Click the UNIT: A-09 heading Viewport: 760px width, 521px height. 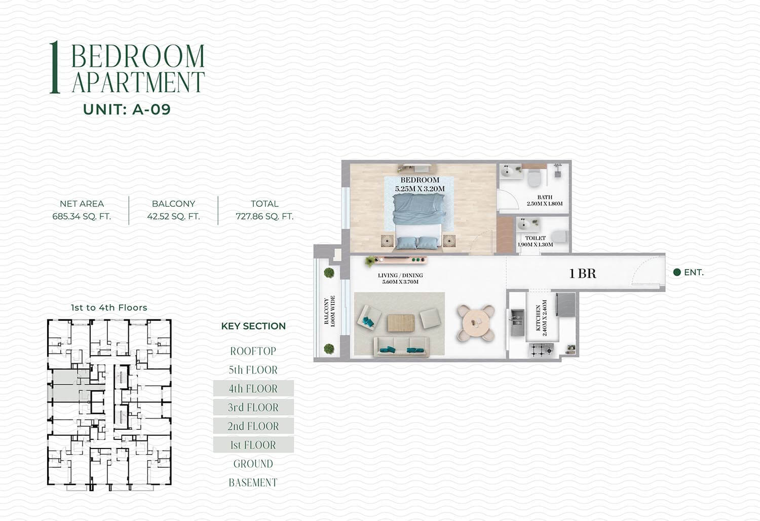tap(127, 109)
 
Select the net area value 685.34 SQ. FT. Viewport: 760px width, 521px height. tap(82, 216)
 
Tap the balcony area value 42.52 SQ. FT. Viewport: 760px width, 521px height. tap(173, 216)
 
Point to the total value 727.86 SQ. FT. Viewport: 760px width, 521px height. tap(264, 216)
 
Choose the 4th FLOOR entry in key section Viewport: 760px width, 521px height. tap(253, 388)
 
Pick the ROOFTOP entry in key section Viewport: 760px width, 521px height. tap(253, 351)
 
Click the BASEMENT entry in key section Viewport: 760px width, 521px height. tap(253, 482)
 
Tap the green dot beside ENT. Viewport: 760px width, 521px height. tap(677, 272)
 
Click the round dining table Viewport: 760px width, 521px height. tap(476, 323)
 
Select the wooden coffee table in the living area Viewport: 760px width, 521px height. tap(401, 323)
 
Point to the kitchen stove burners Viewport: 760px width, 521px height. tap(541, 350)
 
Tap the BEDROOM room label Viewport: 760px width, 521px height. tap(420, 180)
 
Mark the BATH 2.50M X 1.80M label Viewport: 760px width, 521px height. tap(545, 200)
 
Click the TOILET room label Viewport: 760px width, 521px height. tap(536, 238)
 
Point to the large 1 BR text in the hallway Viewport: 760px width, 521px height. tap(582, 274)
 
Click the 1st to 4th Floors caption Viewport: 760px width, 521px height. tap(109, 308)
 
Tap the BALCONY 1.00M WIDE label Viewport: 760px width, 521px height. tap(329, 311)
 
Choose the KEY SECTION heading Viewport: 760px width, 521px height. tap(253, 326)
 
